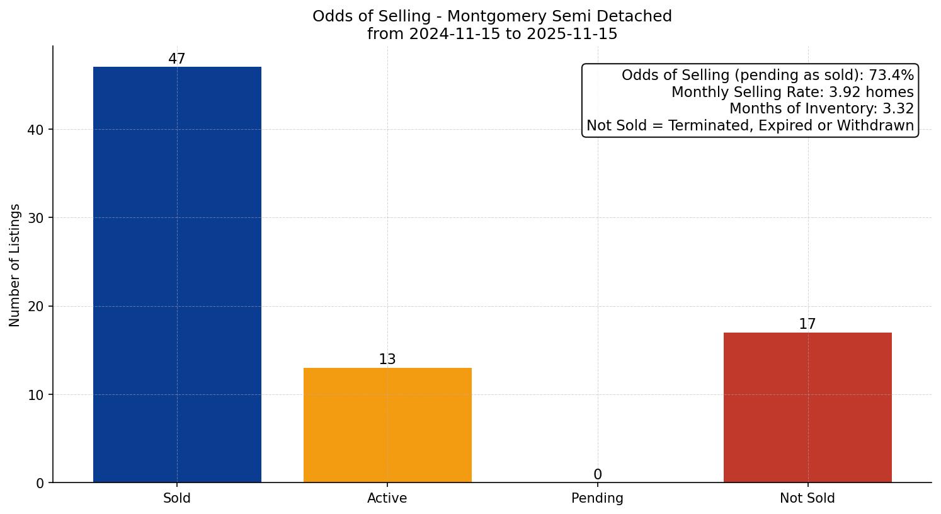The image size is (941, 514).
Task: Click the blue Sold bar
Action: point(177,275)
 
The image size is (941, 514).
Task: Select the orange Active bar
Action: point(387,425)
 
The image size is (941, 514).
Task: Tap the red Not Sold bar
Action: point(807,408)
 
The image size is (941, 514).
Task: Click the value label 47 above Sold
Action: point(177,59)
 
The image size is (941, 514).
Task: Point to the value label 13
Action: point(387,360)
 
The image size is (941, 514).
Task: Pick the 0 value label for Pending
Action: point(598,475)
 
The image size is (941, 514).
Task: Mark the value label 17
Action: point(807,324)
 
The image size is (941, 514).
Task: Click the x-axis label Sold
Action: point(177,498)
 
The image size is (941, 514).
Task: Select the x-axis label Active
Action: point(387,498)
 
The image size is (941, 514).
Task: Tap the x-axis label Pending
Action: point(598,498)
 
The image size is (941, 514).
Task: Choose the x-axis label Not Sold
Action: point(807,498)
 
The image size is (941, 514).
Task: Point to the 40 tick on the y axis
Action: point(36,130)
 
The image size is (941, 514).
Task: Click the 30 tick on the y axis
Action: point(36,219)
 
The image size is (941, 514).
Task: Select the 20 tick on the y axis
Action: point(36,307)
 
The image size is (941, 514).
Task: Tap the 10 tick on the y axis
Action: point(36,395)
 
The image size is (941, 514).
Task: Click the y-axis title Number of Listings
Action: point(15,265)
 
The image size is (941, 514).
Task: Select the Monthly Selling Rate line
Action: point(792,92)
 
